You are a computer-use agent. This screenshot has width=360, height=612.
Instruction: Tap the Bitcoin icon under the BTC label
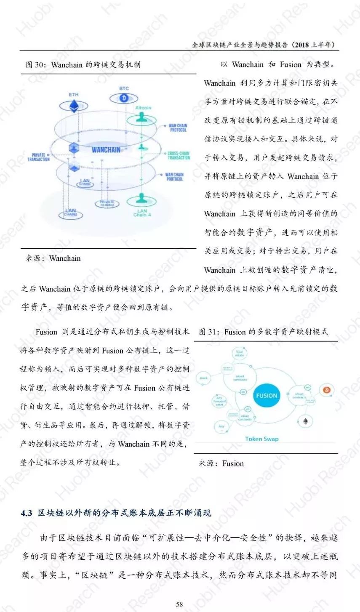[x=124, y=98]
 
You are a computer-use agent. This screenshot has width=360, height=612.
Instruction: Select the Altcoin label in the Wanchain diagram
[x=143, y=108]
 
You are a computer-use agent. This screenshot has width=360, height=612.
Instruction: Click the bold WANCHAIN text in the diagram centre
[x=106, y=150]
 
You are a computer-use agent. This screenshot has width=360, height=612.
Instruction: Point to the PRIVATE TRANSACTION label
[x=39, y=157]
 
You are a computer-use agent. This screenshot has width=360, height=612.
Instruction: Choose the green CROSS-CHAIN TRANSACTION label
[x=179, y=155]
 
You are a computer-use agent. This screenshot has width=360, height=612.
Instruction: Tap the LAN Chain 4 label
[x=142, y=213]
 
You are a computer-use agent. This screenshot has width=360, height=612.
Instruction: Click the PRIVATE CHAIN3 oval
[x=107, y=204]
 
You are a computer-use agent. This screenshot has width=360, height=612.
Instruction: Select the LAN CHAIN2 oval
[x=71, y=213]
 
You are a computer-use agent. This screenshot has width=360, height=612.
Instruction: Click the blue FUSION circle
[x=267, y=396]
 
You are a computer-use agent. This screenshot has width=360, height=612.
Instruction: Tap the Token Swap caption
[x=261, y=439]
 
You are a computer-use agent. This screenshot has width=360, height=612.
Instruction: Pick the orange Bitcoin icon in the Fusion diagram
[x=326, y=390]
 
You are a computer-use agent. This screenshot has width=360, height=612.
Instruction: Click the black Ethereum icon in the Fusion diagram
[x=305, y=420]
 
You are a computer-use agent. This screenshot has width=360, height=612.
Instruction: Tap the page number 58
[x=179, y=604]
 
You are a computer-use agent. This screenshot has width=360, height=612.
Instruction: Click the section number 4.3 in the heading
[x=27, y=513]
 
